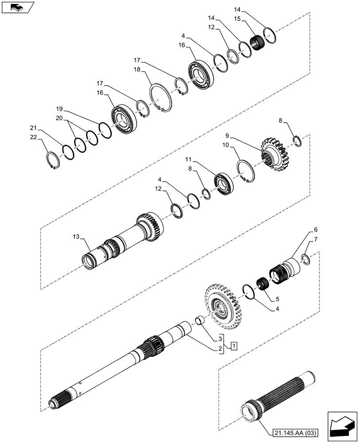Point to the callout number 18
(x=137, y=70)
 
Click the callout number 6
(x=316, y=230)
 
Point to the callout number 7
(x=316, y=240)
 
